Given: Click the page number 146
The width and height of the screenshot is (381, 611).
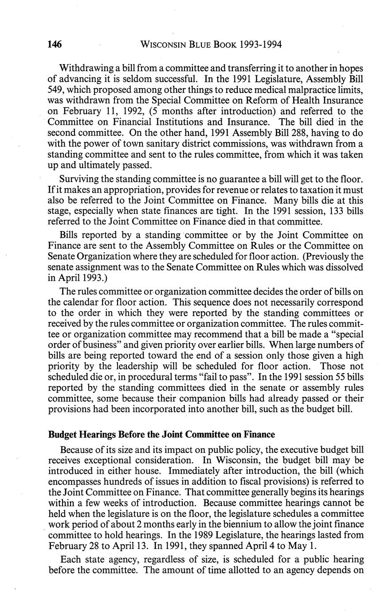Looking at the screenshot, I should [x=55, y=44].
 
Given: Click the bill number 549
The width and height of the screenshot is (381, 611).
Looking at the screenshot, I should [x=56, y=90].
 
